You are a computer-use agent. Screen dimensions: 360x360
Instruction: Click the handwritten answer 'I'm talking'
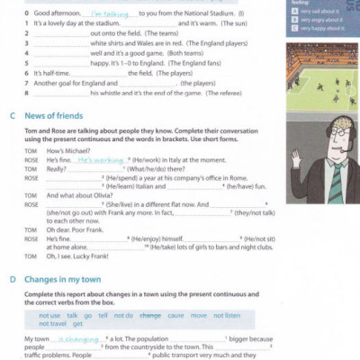105,15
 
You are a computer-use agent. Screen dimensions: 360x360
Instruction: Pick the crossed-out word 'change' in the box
150,316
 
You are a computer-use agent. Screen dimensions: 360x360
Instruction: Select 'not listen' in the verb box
227,316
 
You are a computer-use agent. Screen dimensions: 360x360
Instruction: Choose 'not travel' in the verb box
53,324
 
